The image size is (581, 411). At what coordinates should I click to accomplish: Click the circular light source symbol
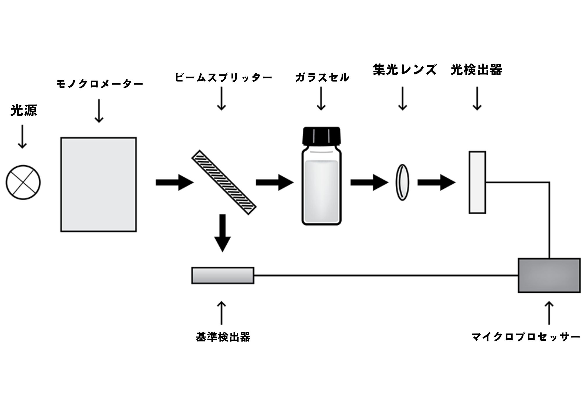point(23,182)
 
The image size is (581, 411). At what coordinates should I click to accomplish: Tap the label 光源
point(24,110)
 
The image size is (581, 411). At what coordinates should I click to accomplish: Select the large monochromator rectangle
point(98,185)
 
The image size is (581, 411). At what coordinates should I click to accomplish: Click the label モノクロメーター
point(100,84)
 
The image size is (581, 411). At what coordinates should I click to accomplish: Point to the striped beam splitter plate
point(224,182)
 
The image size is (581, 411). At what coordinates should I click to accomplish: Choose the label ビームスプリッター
point(223,78)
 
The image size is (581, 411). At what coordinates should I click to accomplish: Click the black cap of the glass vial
point(321,135)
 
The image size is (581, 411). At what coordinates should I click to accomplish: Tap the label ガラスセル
point(322,78)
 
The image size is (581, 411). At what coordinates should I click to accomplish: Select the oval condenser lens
point(402,182)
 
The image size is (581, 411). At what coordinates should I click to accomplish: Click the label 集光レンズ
point(405,70)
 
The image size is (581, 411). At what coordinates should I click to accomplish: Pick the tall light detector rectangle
point(477,182)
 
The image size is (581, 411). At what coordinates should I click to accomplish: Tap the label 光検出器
point(476,70)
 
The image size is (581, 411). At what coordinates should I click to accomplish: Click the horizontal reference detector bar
point(223,275)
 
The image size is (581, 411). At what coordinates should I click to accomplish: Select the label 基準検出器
point(223,337)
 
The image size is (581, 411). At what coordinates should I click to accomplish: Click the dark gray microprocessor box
point(549,275)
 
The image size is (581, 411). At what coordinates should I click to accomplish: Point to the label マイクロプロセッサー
point(525,337)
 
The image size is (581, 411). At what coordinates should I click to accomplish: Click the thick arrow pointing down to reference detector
point(223,233)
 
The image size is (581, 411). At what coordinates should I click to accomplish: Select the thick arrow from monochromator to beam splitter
point(174,182)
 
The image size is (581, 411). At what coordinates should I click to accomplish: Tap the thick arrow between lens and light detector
point(436,182)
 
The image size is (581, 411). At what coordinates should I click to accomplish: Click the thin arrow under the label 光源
point(22,137)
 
